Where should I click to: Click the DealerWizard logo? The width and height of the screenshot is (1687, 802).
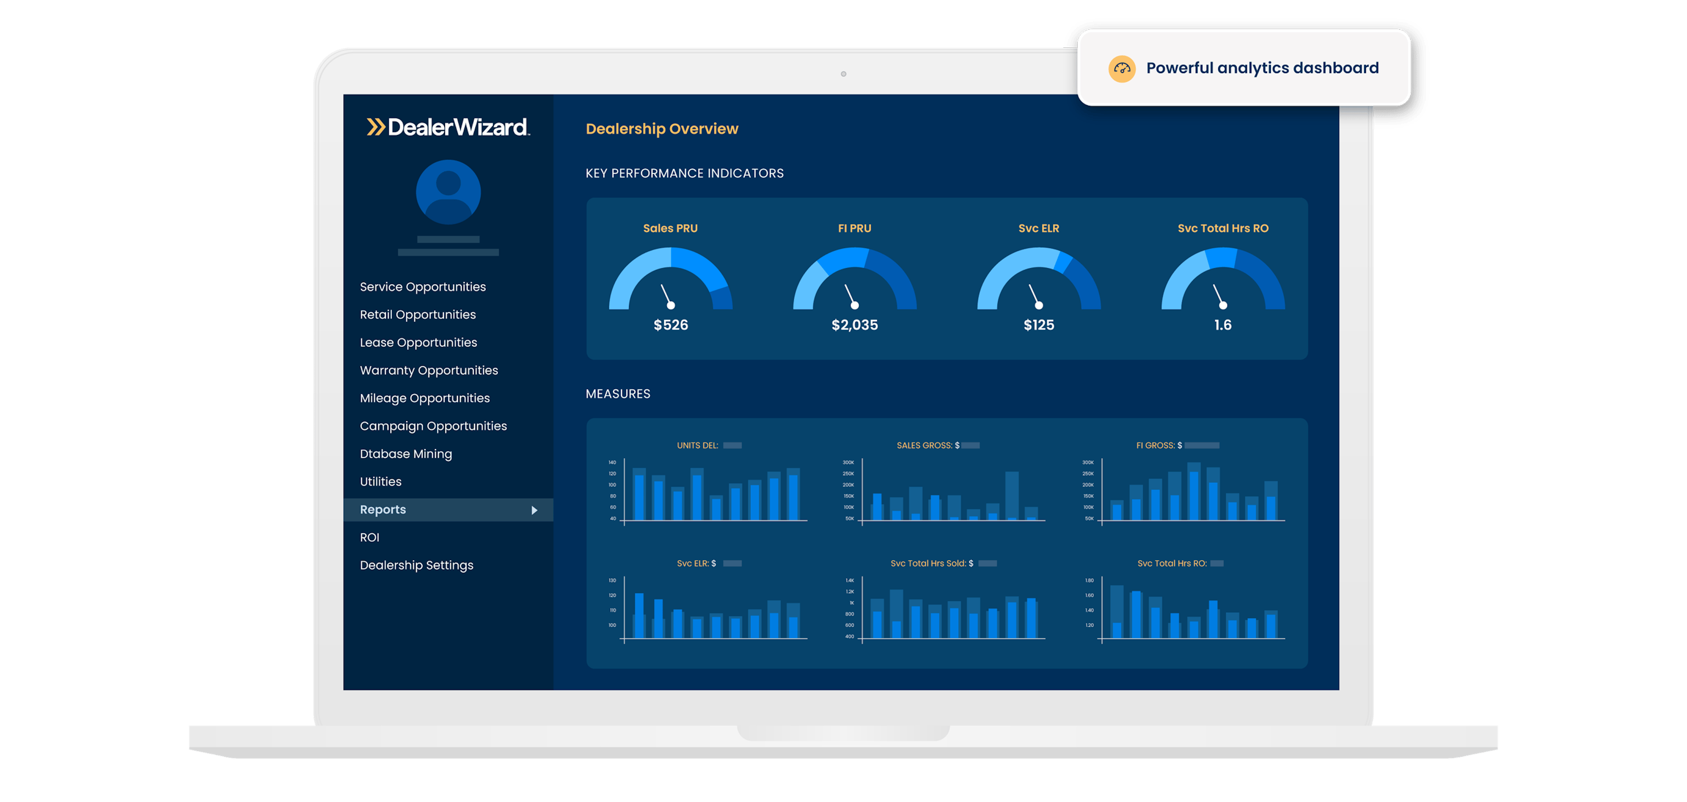[x=449, y=127]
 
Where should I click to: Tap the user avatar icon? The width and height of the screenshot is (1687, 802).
[x=449, y=192]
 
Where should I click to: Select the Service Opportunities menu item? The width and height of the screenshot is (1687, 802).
[x=422, y=287]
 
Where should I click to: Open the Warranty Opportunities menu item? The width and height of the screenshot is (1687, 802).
[x=429, y=370]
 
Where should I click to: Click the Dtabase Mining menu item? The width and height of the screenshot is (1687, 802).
[x=405, y=454]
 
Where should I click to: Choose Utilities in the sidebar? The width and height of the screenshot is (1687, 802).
[x=380, y=481]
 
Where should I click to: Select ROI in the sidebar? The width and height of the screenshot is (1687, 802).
[x=369, y=537]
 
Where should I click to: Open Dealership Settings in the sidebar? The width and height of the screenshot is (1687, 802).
[x=416, y=565]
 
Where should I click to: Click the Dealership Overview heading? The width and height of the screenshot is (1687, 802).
[x=662, y=129]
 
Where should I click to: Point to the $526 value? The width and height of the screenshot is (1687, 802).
[x=670, y=325]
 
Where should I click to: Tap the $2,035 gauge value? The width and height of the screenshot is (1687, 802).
[x=854, y=325]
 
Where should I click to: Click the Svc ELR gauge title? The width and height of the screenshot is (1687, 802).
[x=1039, y=229]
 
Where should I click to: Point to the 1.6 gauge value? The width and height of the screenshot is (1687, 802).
[x=1223, y=325]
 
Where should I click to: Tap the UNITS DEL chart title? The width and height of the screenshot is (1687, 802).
[x=698, y=445]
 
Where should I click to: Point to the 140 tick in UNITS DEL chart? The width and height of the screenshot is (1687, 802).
[x=612, y=463]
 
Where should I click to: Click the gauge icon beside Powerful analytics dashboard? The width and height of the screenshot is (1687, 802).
[x=1122, y=69]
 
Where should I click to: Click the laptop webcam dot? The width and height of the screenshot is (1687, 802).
[x=843, y=74]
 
